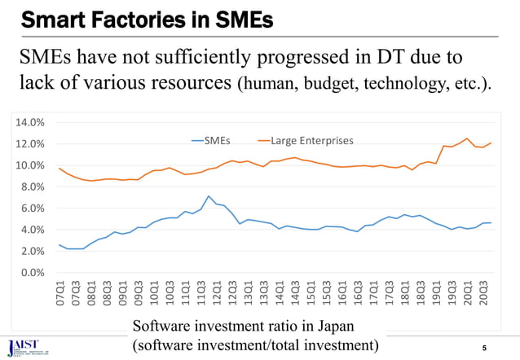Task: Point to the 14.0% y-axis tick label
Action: pyautogui.click(x=30, y=122)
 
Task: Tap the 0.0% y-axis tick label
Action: pyautogui.click(x=33, y=272)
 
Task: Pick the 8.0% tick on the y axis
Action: pyautogui.click(x=33, y=187)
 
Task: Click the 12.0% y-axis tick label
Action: pyautogui.click(x=30, y=144)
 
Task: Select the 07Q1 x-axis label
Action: pyautogui.click(x=59, y=294)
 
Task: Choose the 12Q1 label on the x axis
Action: pyautogui.click(x=217, y=294)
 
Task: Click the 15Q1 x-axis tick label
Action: pyautogui.click(x=311, y=294)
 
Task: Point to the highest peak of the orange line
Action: pyautogui.click(x=467, y=138)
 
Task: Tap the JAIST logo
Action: pyautogui.click(x=24, y=345)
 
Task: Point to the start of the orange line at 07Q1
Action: pyautogui.click(x=59, y=169)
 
